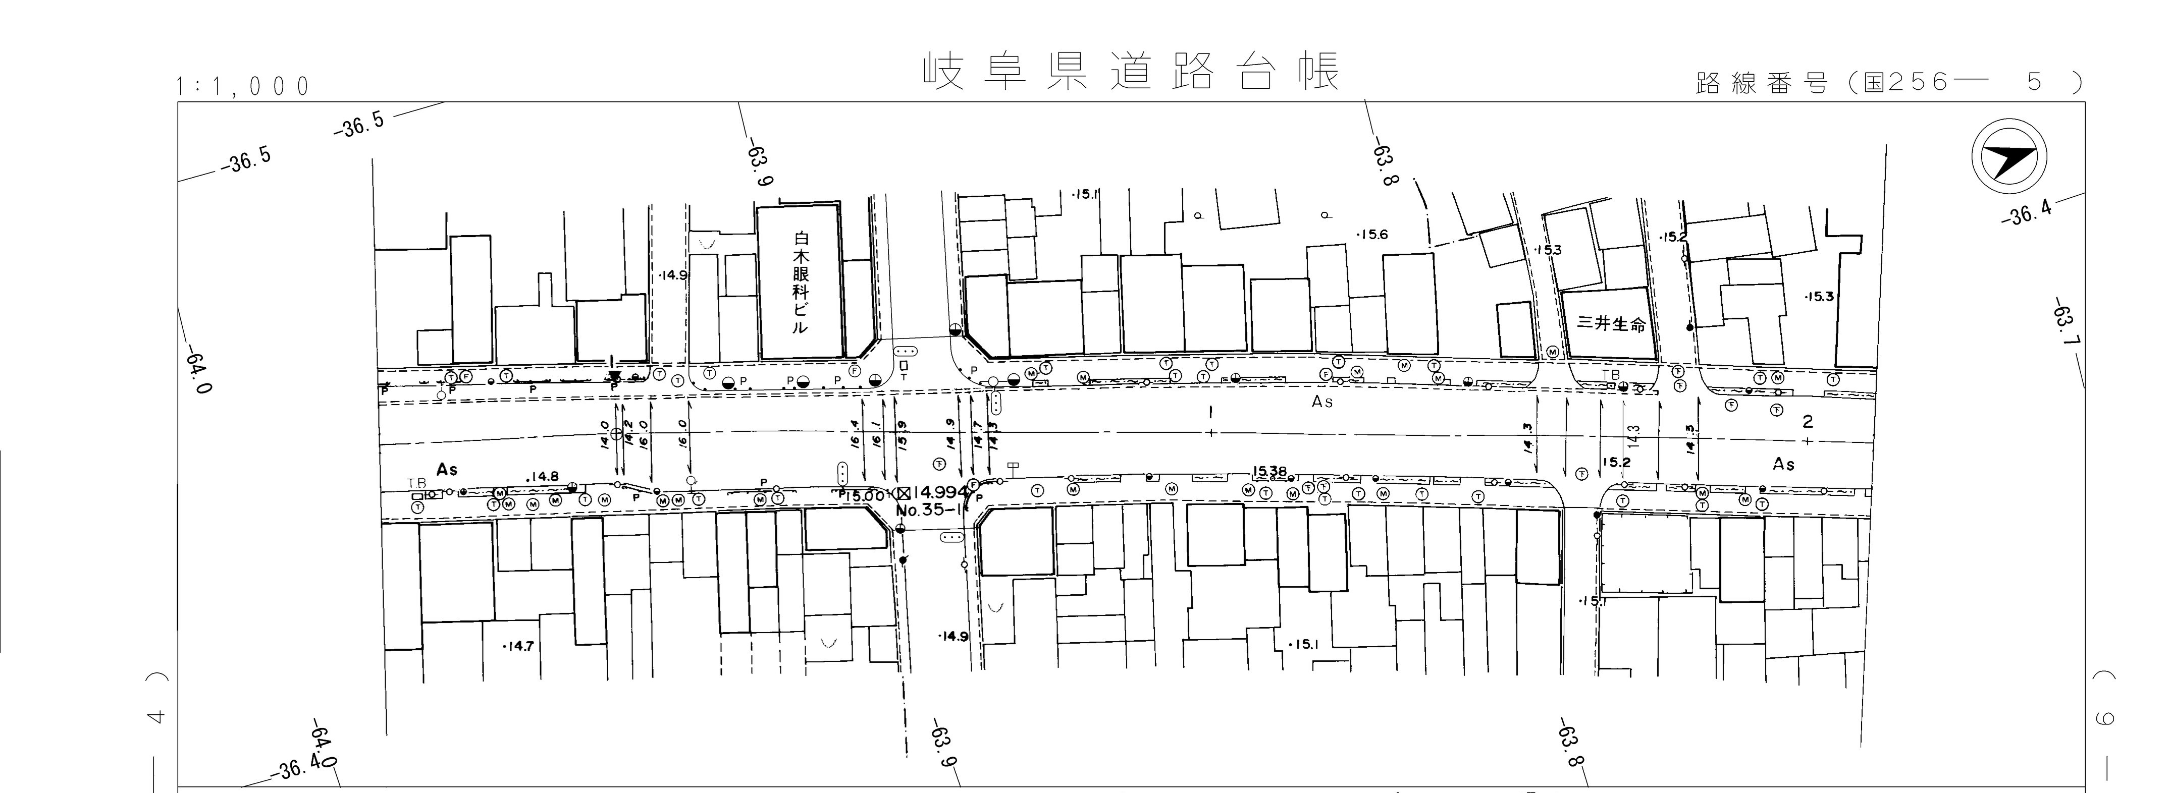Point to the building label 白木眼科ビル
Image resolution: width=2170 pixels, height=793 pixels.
pyautogui.click(x=800, y=283)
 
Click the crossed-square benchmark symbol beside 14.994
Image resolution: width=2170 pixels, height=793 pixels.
pyautogui.click(x=903, y=492)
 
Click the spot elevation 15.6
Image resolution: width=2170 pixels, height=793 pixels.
pyautogui.click(x=1372, y=235)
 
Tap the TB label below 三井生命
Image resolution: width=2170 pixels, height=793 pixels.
pyautogui.click(x=1611, y=374)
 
